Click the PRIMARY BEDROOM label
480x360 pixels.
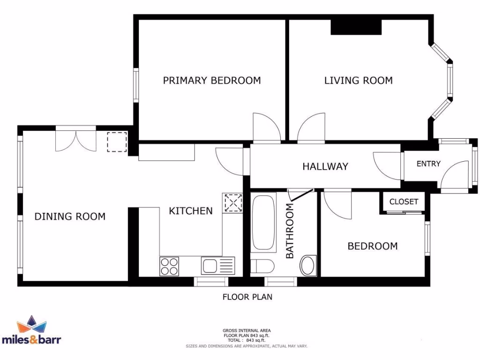click(212, 81)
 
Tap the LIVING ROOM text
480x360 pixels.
click(359, 81)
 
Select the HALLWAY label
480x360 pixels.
click(325, 166)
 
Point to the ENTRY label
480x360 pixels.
click(428, 164)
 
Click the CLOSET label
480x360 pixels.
click(404, 202)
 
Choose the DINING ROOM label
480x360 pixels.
click(70, 217)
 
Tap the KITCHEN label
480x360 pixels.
click(191, 211)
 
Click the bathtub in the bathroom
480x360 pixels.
click(264, 224)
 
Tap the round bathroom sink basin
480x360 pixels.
click(307, 265)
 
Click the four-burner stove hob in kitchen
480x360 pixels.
click(169, 266)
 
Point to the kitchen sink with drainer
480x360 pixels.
click(217, 266)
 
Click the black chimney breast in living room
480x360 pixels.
click(356, 27)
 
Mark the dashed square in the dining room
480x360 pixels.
click(117, 142)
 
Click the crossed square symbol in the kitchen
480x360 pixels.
click(232, 202)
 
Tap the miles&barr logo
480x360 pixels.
click(31, 331)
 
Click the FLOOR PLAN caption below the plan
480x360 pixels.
click(247, 297)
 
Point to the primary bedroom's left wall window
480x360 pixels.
click(135, 85)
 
